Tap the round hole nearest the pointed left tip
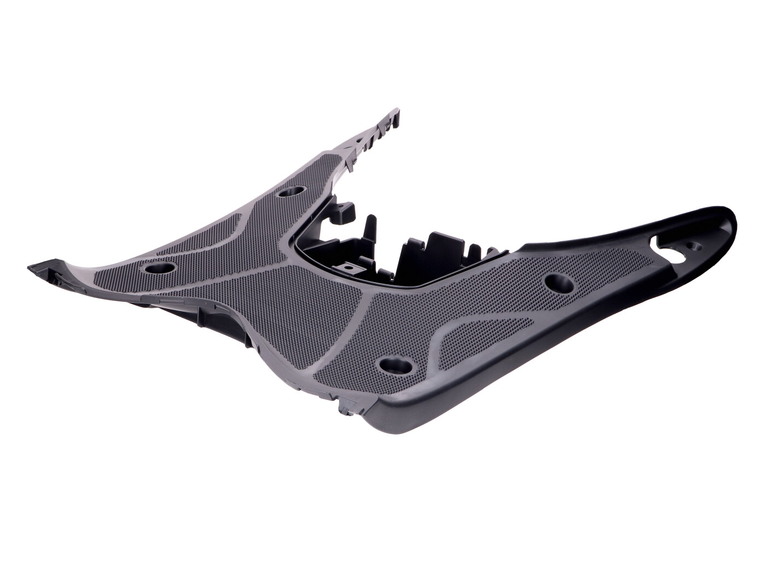point(160,268)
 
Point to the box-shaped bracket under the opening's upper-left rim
point(343,210)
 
